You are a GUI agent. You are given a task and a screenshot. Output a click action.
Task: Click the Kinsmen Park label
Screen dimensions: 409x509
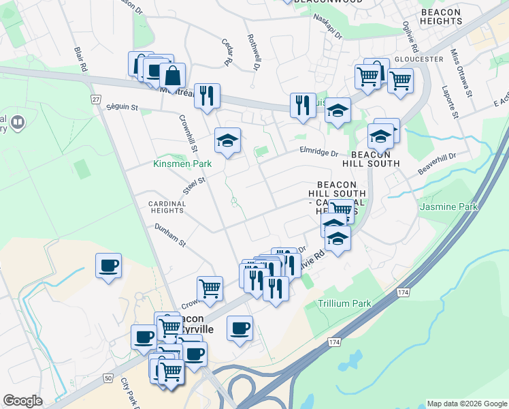(x=182, y=164)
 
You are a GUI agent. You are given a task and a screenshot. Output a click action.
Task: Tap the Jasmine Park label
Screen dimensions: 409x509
(x=448, y=207)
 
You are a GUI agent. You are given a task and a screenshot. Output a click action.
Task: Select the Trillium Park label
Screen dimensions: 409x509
(x=344, y=303)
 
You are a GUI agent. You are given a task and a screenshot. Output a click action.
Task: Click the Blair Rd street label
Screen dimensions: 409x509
(x=82, y=59)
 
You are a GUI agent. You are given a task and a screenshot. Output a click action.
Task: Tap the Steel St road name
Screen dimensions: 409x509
(x=194, y=185)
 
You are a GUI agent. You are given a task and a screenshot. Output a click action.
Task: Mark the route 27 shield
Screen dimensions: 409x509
(x=96, y=100)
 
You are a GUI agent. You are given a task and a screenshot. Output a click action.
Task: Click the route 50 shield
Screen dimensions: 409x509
(x=108, y=378)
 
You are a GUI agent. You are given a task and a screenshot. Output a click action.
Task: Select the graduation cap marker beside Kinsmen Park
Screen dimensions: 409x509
(x=227, y=141)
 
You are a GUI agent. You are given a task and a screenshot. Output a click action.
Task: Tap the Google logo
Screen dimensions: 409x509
(x=22, y=401)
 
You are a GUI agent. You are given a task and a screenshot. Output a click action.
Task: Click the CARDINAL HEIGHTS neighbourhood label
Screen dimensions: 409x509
(x=167, y=207)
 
